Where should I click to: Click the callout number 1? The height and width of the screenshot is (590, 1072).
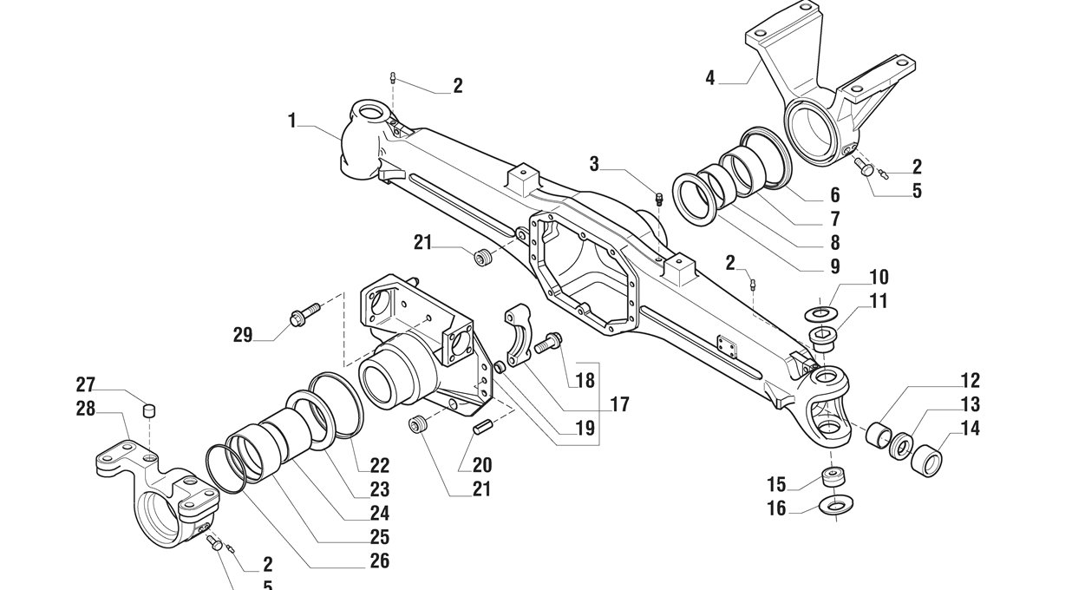pos(292,121)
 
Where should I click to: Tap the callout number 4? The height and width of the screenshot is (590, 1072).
pos(710,78)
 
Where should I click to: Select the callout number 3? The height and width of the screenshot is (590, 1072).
pos(594,163)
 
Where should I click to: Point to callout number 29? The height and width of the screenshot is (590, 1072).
pos(243,335)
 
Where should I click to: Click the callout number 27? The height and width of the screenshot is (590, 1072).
pos(85,384)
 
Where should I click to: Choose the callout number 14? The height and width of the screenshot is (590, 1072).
pos(970,428)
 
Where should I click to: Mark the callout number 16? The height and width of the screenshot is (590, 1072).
pos(776,508)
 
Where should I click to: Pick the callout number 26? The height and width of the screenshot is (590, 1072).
pos(380,560)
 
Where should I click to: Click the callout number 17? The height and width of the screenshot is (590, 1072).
pos(619,404)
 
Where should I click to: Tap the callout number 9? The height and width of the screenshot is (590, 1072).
pos(834,266)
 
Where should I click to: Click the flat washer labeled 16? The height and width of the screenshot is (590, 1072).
pos(835,504)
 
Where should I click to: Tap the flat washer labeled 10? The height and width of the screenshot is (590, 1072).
pos(820,311)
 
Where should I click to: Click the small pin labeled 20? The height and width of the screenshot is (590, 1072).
pos(483,427)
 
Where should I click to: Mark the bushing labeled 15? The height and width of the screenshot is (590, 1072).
pos(833,478)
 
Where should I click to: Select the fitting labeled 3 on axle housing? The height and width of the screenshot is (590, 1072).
pos(658,198)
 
